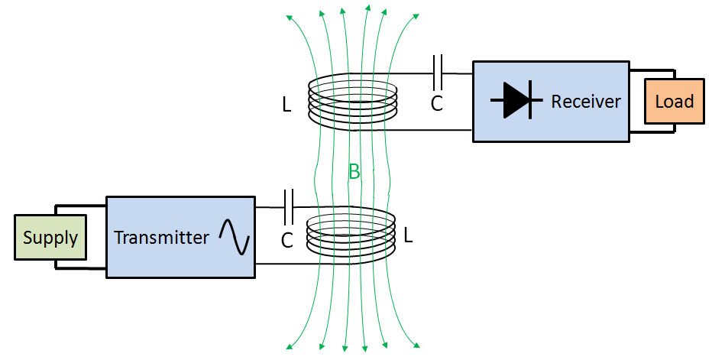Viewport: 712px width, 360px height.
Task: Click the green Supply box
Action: (x=50, y=238)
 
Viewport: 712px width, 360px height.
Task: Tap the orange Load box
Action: (x=674, y=102)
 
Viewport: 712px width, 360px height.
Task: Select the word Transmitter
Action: (x=161, y=238)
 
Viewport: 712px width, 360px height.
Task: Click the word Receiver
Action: (x=586, y=102)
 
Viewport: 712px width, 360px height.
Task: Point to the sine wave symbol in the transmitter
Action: (x=234, y=237)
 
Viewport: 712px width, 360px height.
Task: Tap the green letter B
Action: (x=354, y=172)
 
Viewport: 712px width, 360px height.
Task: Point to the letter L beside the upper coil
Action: (x=286, y=105)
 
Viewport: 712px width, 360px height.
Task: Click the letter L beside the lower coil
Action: (x=408, y=236)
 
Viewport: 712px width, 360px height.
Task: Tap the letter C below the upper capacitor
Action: (x=436, y=104)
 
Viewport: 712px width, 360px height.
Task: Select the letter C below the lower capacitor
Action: (x=287, y=241)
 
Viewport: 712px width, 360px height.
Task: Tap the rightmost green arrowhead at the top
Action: (x=417, y=15)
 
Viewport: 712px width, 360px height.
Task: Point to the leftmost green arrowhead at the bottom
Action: (x=290, y=347)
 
